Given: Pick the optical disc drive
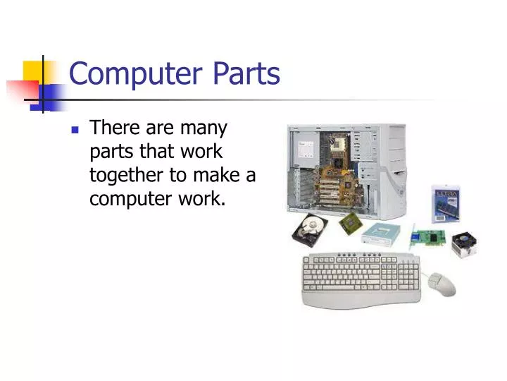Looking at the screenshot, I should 384,234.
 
